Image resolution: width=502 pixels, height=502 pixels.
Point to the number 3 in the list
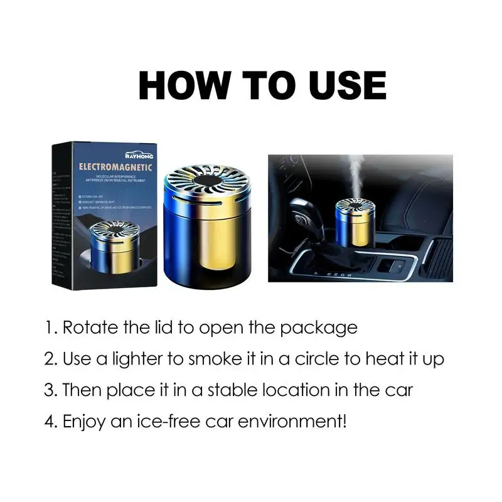click(49, 390)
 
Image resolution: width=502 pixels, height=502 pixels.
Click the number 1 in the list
click(48, 328)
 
